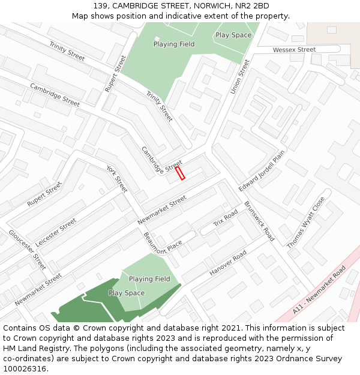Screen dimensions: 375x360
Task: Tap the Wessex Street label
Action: point(294,50)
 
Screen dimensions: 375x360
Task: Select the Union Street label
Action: point(239,76)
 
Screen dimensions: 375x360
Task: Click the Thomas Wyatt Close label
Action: point(305,223)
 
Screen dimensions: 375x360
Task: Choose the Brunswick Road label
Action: point(259,221)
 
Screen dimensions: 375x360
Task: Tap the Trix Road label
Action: point(226,218)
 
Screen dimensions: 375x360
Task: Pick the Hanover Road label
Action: point(228,263)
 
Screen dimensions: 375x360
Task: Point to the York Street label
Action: point(117,178)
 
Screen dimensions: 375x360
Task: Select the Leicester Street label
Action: point(56,232)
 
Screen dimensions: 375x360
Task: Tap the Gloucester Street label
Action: point(27,250)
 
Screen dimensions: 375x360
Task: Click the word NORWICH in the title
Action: point(214,6)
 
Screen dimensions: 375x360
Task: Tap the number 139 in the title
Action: point(100,6)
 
